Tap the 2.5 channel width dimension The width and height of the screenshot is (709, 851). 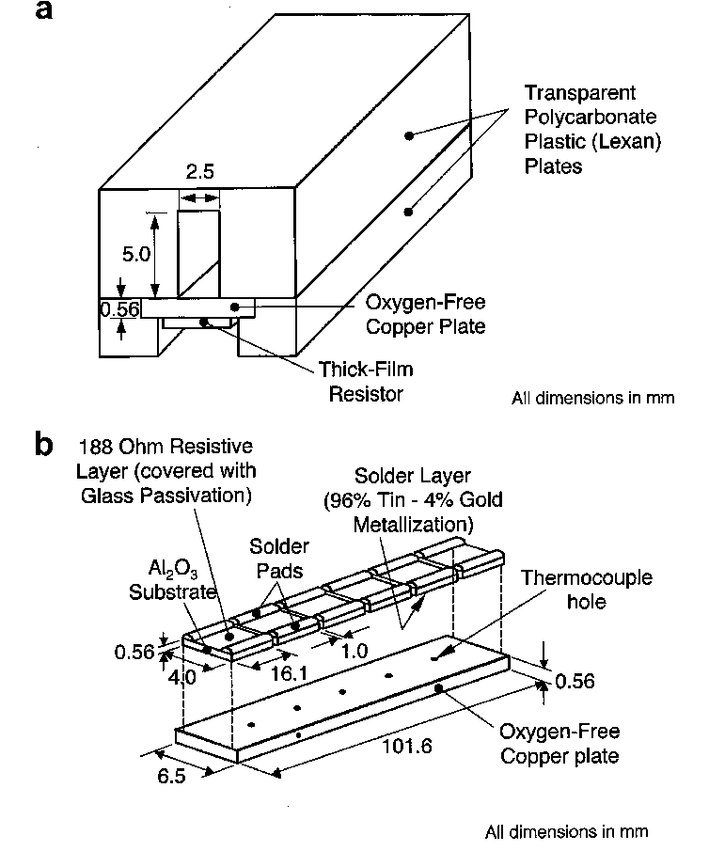coord(198,174)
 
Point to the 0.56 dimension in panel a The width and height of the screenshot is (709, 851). coord(117,308)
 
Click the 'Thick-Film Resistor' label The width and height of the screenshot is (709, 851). coord(366,381)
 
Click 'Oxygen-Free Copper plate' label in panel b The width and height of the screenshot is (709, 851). coord(559,742)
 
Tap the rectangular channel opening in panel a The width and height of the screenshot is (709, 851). coord(199,252)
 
